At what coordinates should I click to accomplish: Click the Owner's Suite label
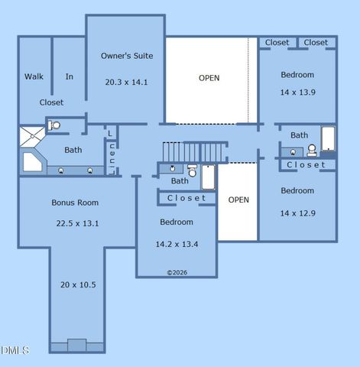[x=127, y=56]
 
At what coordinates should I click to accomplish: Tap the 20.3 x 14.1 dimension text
[x=127, y=81]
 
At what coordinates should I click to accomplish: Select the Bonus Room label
[x=75, y=203]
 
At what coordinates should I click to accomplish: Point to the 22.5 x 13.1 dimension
[x=77, y=223]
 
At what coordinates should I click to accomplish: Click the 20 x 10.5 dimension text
[x=78, y=284]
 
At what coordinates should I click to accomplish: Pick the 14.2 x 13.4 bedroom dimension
[x=177, y=245]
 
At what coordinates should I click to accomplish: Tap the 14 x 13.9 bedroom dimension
[x=297, y=92]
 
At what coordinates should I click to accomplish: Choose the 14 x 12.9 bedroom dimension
[x=297, y=213]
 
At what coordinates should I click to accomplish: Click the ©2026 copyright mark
[x=177, y=272]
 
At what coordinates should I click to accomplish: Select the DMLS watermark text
[x=15, y=350]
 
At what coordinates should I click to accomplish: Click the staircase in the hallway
[x=194, y=151]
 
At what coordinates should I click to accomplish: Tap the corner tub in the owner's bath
[x=33, y=162]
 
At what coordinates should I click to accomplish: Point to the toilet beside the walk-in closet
[x=55, y=125]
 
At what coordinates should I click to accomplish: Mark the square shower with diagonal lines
[x=32, y=136]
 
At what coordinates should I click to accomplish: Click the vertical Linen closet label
[x=112, y=152]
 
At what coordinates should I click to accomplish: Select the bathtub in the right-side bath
[x=328, y=140]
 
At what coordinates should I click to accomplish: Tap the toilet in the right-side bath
[x=312, y=151]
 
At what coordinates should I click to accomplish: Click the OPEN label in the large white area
[x=209, y=78]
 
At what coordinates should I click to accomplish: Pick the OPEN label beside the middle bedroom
[x=238, y=200]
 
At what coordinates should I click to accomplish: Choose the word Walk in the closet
[x=34, y=76]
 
